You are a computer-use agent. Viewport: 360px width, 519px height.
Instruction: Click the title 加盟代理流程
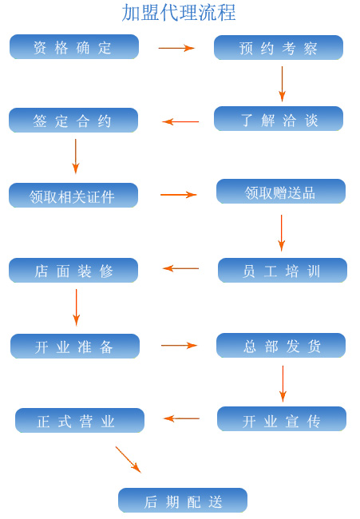(x=179, y=14)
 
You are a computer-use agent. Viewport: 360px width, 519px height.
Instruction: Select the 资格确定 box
(x=74, y=47)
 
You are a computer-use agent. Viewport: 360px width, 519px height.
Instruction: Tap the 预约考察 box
(x=279, y=48)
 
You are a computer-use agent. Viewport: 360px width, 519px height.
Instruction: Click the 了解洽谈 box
(x=279, y=119)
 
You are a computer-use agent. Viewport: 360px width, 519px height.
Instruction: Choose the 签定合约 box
(x=73, y=121)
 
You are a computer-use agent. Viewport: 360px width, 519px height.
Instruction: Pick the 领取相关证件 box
(x=73, y=196)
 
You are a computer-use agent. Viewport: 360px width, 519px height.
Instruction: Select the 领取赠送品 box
(x=281, y=192)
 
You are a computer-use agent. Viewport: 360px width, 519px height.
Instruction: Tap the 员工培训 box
(x=283, y=271)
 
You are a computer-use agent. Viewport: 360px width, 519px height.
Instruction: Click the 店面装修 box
(x=73, y=271)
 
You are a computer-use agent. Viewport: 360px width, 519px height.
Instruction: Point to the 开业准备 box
(x=75, y=347)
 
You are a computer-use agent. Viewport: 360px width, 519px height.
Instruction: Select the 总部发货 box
(x=281, y=346)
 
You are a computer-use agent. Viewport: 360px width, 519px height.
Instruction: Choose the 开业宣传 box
(x=282, y=419)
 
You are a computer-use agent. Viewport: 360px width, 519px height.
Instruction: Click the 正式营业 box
(x=80, y=421)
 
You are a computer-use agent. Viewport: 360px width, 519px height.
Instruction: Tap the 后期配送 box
(x=183, y=501)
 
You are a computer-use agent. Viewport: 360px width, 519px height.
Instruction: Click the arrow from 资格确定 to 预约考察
(x=176, y=49)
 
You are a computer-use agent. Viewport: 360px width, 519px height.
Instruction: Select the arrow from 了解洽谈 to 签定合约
(x=180, y=122)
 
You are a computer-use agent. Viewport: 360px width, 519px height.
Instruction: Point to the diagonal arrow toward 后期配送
(x=129, y=460)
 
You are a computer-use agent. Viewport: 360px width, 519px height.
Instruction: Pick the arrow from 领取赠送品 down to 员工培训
(x=282, y=233)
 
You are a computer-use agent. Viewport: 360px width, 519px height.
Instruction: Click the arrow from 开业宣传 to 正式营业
(x=182, y=418)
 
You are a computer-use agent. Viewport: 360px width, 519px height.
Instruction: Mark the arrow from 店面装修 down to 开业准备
(x=76, y=307)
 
